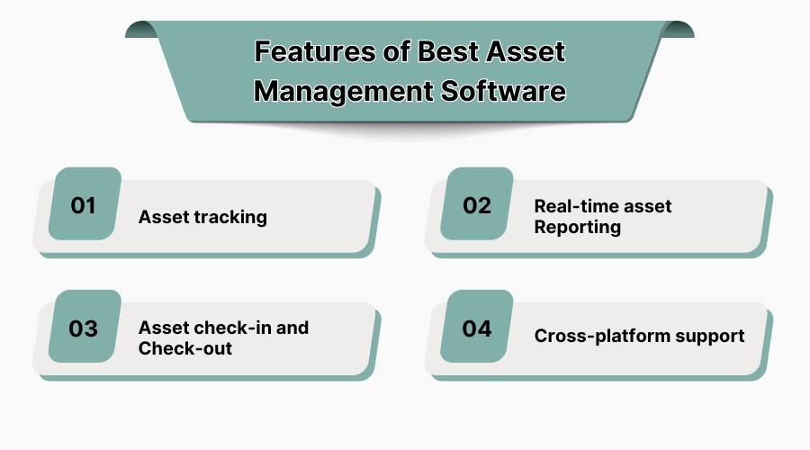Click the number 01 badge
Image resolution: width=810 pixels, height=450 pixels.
(x=84, y=205)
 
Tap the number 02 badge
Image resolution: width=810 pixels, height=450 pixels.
(x=477, y=205)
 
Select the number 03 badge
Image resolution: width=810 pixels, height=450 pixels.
(x=84, y=328)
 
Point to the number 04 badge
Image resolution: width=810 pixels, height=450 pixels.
(x=477, y=328)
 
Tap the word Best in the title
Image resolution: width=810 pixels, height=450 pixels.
(x=452, y=51)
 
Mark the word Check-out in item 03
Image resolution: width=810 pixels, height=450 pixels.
(x=184, y=347)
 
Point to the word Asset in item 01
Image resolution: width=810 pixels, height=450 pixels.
(x=162, y=217)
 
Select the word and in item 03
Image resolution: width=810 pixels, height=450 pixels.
(x=292, y=327)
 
